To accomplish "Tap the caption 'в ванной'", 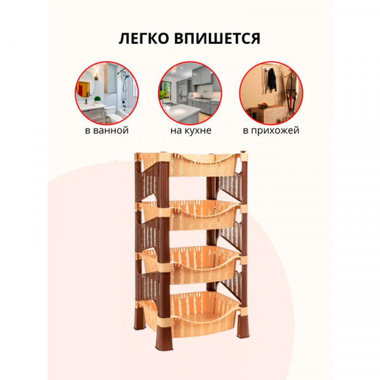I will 106,130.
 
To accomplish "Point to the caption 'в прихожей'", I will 270,130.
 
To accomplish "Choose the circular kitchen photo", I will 189,92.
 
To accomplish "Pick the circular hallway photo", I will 270,92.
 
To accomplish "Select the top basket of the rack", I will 190,166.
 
